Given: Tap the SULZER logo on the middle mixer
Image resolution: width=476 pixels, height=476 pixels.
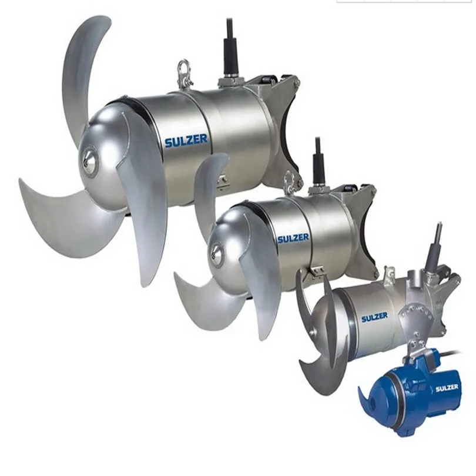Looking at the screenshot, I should pyautogui.click(x=293, y=238).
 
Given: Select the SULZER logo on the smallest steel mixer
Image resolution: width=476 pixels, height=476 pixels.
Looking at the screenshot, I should pyautogui.click(x=374, y=317).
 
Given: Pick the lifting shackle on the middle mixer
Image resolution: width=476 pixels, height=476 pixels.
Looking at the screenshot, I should pyautogui.click(x=289, y=181).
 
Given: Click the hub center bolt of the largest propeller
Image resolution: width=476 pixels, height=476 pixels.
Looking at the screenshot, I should pyautogui.click(x=90, y=157).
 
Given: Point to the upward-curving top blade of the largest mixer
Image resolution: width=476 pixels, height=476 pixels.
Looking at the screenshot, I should pyautogui.click(x=82, y=65).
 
